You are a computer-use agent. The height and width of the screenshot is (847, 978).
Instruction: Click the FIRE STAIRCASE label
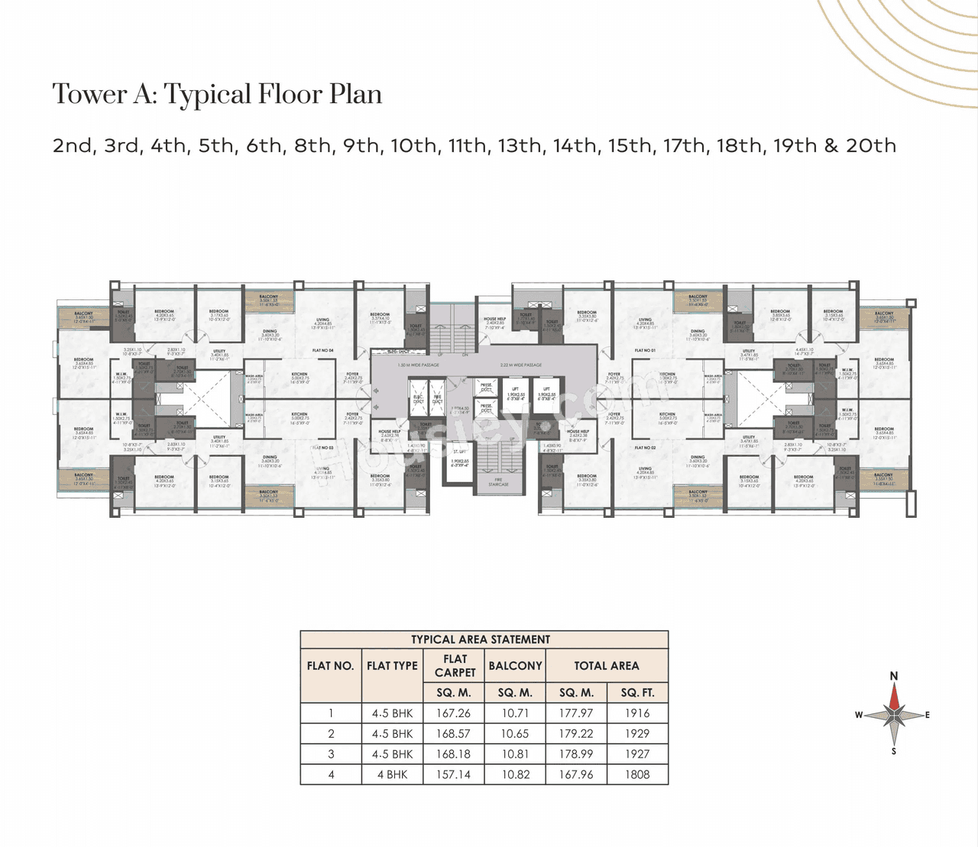[498, 482]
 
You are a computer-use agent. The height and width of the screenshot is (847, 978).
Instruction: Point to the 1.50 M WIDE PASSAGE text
[418, 365]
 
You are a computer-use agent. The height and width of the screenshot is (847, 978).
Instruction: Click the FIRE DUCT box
[438, 399]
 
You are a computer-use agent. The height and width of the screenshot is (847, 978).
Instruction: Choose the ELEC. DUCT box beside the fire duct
[419, 399]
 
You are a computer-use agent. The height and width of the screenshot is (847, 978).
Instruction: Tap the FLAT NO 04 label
[322, 351]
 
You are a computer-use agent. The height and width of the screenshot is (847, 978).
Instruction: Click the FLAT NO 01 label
[645, 351]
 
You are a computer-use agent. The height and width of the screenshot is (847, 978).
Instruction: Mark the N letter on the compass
[894, 676]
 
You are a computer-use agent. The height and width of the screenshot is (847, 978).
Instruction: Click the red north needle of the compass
[894, 697]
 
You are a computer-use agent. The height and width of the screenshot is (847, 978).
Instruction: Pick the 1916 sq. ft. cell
[636, 713]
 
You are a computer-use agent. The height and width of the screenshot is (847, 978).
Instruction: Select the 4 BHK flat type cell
[392, 774]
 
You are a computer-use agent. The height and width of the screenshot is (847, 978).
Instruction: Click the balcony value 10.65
[514, 734]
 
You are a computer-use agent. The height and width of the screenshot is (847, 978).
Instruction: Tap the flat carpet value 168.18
[453, 754]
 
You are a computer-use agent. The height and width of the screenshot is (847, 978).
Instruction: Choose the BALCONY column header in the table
[515, 666]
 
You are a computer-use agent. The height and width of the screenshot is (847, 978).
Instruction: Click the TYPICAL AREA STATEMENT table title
[481, 640]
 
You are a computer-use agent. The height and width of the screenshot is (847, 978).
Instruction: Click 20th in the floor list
[870, 146]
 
